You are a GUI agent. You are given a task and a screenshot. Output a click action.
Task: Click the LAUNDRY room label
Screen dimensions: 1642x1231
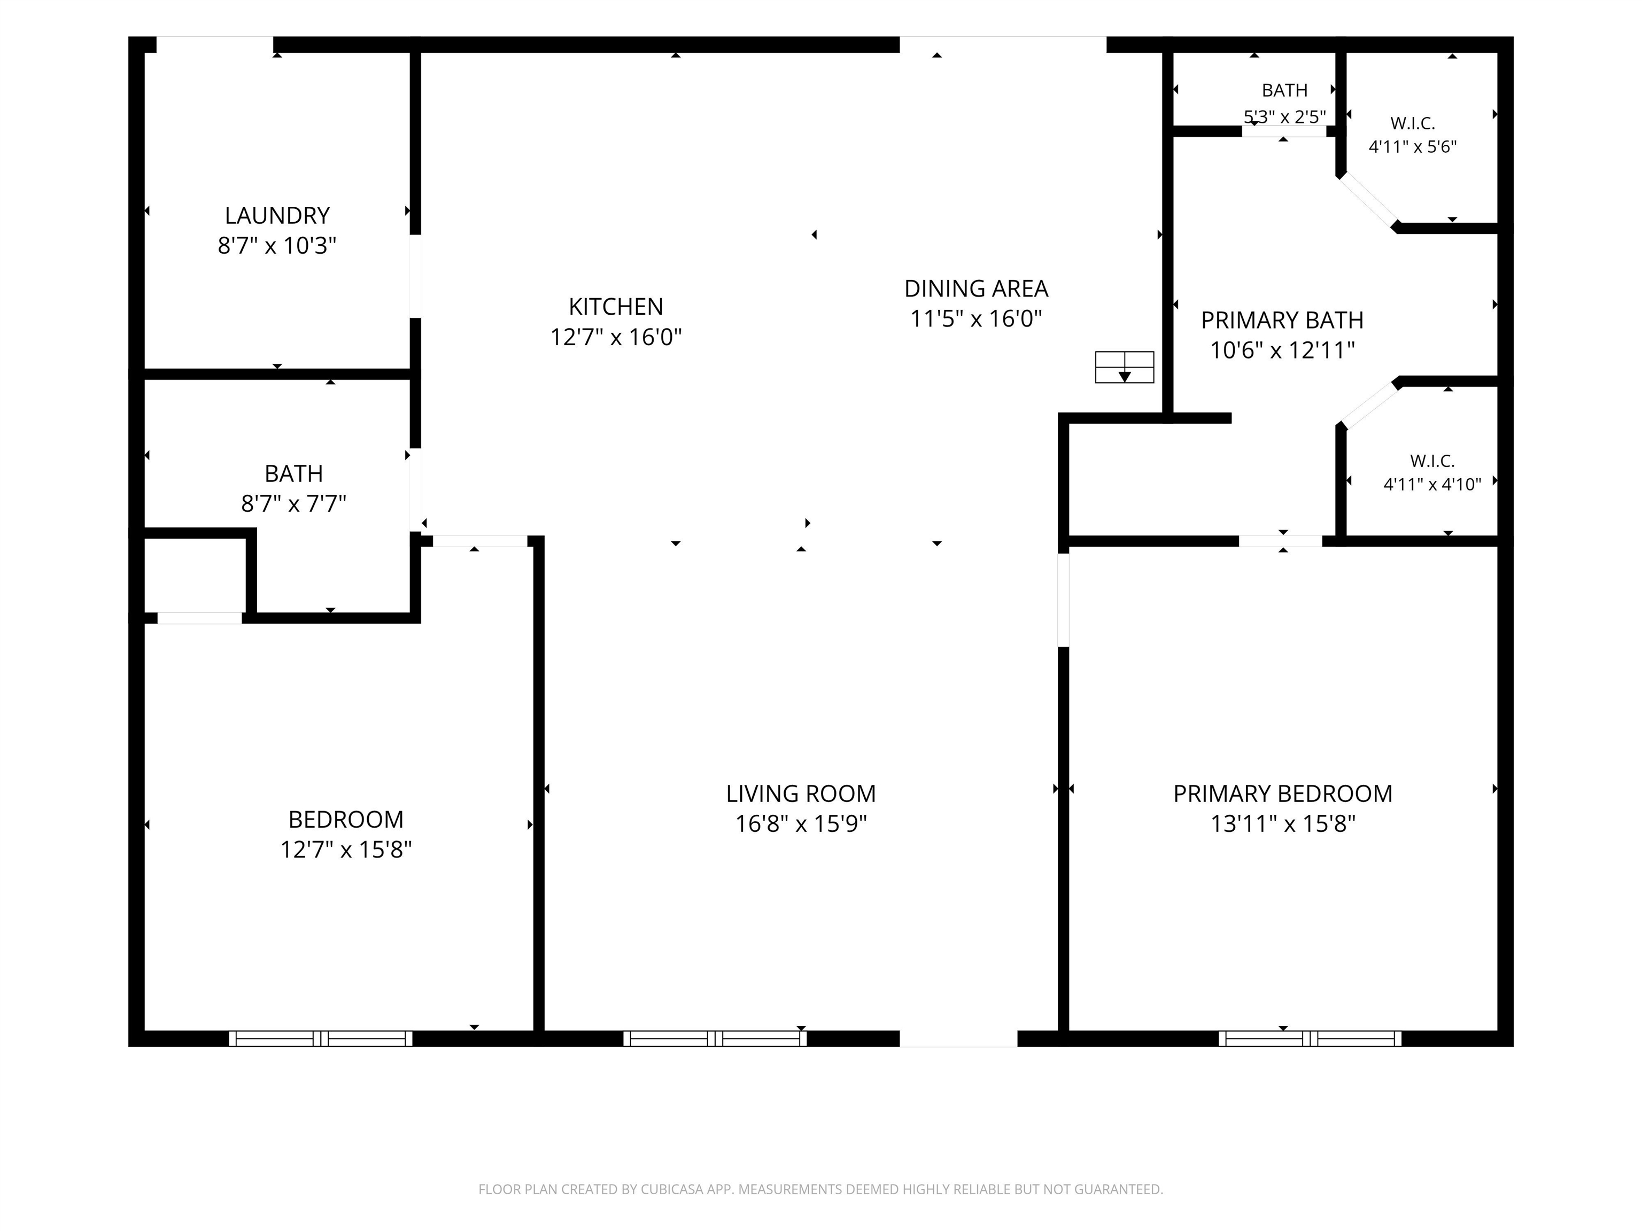point(277,215)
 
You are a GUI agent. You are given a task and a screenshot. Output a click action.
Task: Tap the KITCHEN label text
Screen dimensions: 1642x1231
point(615,307)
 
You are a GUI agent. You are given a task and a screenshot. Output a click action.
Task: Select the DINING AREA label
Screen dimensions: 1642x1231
point(976,288)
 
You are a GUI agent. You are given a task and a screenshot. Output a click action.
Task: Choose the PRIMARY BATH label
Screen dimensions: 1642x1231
point(1282,320)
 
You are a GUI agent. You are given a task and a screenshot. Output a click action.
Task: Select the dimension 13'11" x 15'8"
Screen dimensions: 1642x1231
point(1283,824)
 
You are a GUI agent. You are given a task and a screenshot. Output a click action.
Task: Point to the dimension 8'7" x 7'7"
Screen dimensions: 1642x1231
point(294,504)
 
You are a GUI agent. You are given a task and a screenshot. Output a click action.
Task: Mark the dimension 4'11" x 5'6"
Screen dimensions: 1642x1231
point(1413,146)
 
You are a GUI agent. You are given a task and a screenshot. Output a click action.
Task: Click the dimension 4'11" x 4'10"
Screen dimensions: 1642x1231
point(1432,484)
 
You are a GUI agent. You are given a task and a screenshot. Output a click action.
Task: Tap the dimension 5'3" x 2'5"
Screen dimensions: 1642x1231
point(1284,116)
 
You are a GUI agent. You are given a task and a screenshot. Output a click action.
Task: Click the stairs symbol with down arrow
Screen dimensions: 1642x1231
point(1125,367)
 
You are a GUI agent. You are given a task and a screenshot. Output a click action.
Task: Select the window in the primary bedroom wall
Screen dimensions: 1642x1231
point(1310,1039)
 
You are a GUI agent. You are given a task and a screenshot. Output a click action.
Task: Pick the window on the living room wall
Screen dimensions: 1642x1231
point(715,1039)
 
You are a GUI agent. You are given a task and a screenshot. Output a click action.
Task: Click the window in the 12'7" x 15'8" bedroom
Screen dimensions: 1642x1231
point(321,1039)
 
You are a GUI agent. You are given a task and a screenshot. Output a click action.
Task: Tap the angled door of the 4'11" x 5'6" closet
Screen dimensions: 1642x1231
point(1368,200)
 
